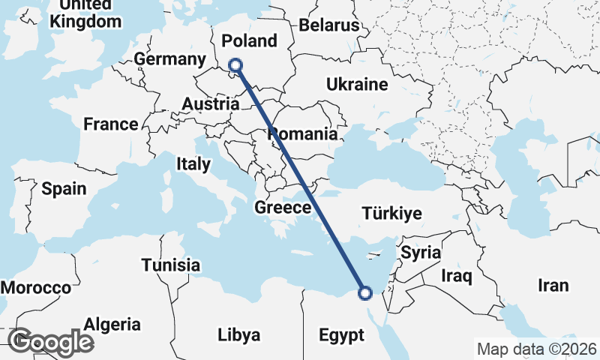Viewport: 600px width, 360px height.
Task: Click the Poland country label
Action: point(250,40)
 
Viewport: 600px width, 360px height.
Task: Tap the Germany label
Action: point(169,60)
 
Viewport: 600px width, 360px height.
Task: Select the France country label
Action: point(110,124)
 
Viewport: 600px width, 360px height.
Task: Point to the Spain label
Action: point(64,189)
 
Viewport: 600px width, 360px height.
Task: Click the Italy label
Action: point(193,163)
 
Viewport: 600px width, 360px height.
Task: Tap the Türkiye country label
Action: point(391,214)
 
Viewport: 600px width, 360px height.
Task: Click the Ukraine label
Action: point(356,85)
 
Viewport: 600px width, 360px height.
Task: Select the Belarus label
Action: point(329,25)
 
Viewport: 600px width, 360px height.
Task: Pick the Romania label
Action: point(303,135)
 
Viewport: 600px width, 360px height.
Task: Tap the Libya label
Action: point(238,334)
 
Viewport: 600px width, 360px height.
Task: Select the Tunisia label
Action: point(171,265)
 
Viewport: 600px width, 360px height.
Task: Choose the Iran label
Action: point(553,286)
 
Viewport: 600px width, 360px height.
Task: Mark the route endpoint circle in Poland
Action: point(235,65)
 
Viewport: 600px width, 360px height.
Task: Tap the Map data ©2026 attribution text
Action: point(536,349)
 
